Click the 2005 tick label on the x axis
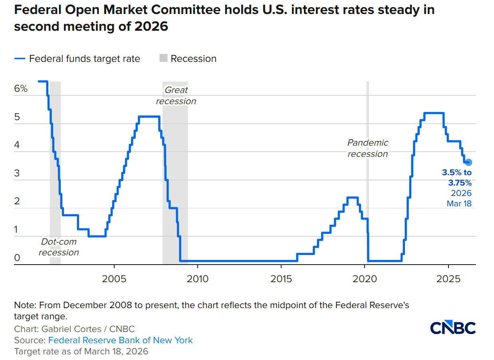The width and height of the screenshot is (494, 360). coord(114,278)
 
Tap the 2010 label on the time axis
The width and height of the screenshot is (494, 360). coord(198,278)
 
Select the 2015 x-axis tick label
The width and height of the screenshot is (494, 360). coord(281,278)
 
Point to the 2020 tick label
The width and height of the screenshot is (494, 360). coord(365,278)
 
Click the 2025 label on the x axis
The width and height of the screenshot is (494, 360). coord(448,278)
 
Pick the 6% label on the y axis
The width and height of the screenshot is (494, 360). coord(21,89)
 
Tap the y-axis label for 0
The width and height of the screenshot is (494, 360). coord(17,258)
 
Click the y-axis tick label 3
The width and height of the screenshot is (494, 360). coord(17,173)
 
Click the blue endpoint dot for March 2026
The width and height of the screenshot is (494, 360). coord(468,162)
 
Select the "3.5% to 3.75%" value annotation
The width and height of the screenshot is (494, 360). coord(457,178)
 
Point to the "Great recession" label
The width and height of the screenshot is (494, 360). coord(176,96)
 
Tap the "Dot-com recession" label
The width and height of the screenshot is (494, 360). coord(59,247)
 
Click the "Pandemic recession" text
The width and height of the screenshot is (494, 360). coord(367,148)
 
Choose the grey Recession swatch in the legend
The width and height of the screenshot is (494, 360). coord(163,58)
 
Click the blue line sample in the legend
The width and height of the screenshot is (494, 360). coord(20,58)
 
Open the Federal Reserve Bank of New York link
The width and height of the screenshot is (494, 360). coord(120,340)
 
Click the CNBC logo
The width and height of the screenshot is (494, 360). coord(453,327)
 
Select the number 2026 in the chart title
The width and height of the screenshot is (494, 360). coord(151,27)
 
